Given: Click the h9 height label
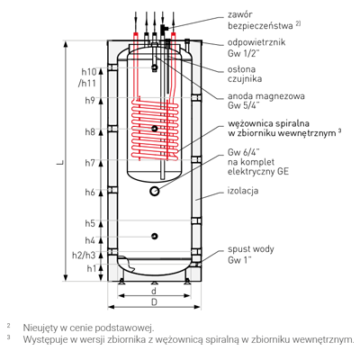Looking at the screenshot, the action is (90, 101).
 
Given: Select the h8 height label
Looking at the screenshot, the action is (90, 132).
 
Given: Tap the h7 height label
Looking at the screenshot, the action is (90, 163).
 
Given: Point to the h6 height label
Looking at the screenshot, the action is (90, 193).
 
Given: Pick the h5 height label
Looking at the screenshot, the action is (90, 223).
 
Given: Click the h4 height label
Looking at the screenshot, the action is (90, 240).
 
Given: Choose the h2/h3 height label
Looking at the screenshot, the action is (84, 256).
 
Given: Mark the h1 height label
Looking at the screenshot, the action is (91, 268).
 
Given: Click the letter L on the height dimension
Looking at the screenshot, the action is (60, 163).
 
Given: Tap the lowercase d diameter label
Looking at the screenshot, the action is (154, 291).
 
